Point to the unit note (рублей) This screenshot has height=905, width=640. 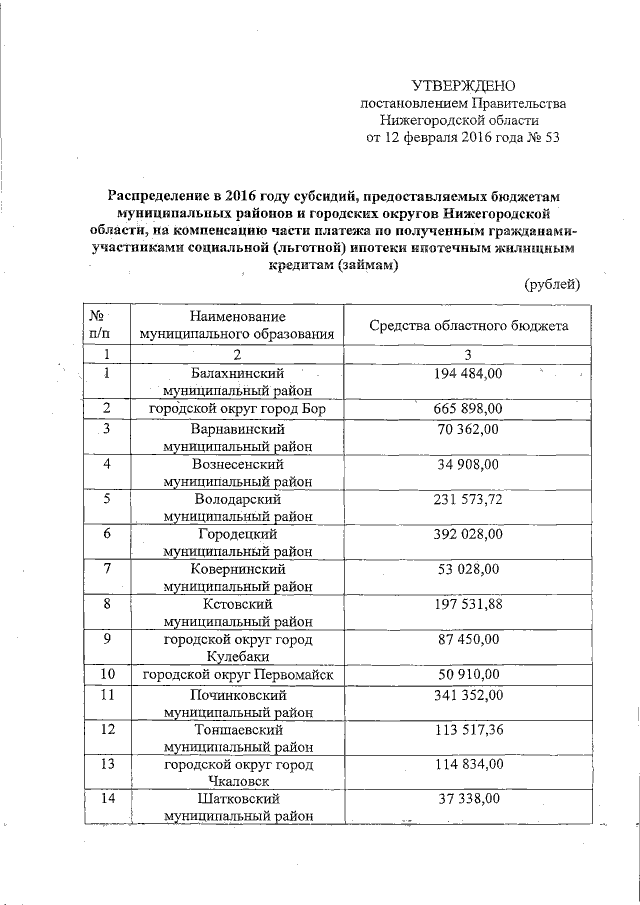(x=552, y=285)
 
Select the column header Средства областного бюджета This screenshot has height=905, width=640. (x=469, y=326)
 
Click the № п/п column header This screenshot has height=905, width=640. (x=104, y=326)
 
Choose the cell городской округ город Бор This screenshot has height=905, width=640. (x=238, y=409)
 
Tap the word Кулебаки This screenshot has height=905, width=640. (x=238, y=657)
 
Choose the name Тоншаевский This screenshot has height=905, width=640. (x=238, y=729)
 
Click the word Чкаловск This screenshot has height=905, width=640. (x=238, y=781)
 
